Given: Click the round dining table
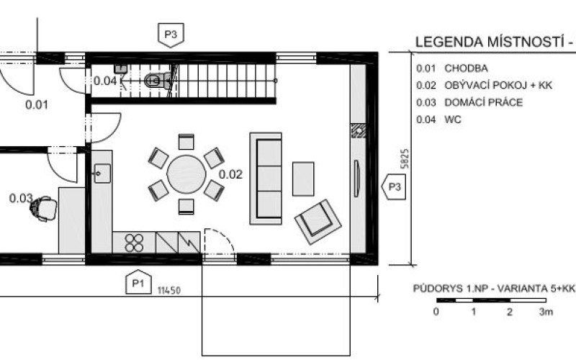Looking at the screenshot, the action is point(186,174).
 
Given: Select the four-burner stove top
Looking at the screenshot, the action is point(134,243).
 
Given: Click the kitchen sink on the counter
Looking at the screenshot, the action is point(102,174).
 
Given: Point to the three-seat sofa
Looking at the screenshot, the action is point(266,179).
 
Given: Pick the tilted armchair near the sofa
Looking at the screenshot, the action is point(318,222).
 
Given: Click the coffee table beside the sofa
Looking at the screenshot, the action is point(303,179).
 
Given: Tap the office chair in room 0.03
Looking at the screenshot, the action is point(43,209).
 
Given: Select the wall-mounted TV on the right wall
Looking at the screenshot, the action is point(356,179).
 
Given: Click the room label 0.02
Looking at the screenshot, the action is point(230,174).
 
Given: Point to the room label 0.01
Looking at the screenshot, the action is point(37,105).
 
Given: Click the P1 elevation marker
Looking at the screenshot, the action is point(138,282).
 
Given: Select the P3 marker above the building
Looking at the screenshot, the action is point(171,35).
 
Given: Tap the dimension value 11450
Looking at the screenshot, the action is point(169,291).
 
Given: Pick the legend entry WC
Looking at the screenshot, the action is point(453,120).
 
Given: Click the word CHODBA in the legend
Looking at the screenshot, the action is point(466,68).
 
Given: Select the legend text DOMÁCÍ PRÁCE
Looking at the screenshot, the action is point(483,102).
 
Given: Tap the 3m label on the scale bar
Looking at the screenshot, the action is point(546,312).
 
